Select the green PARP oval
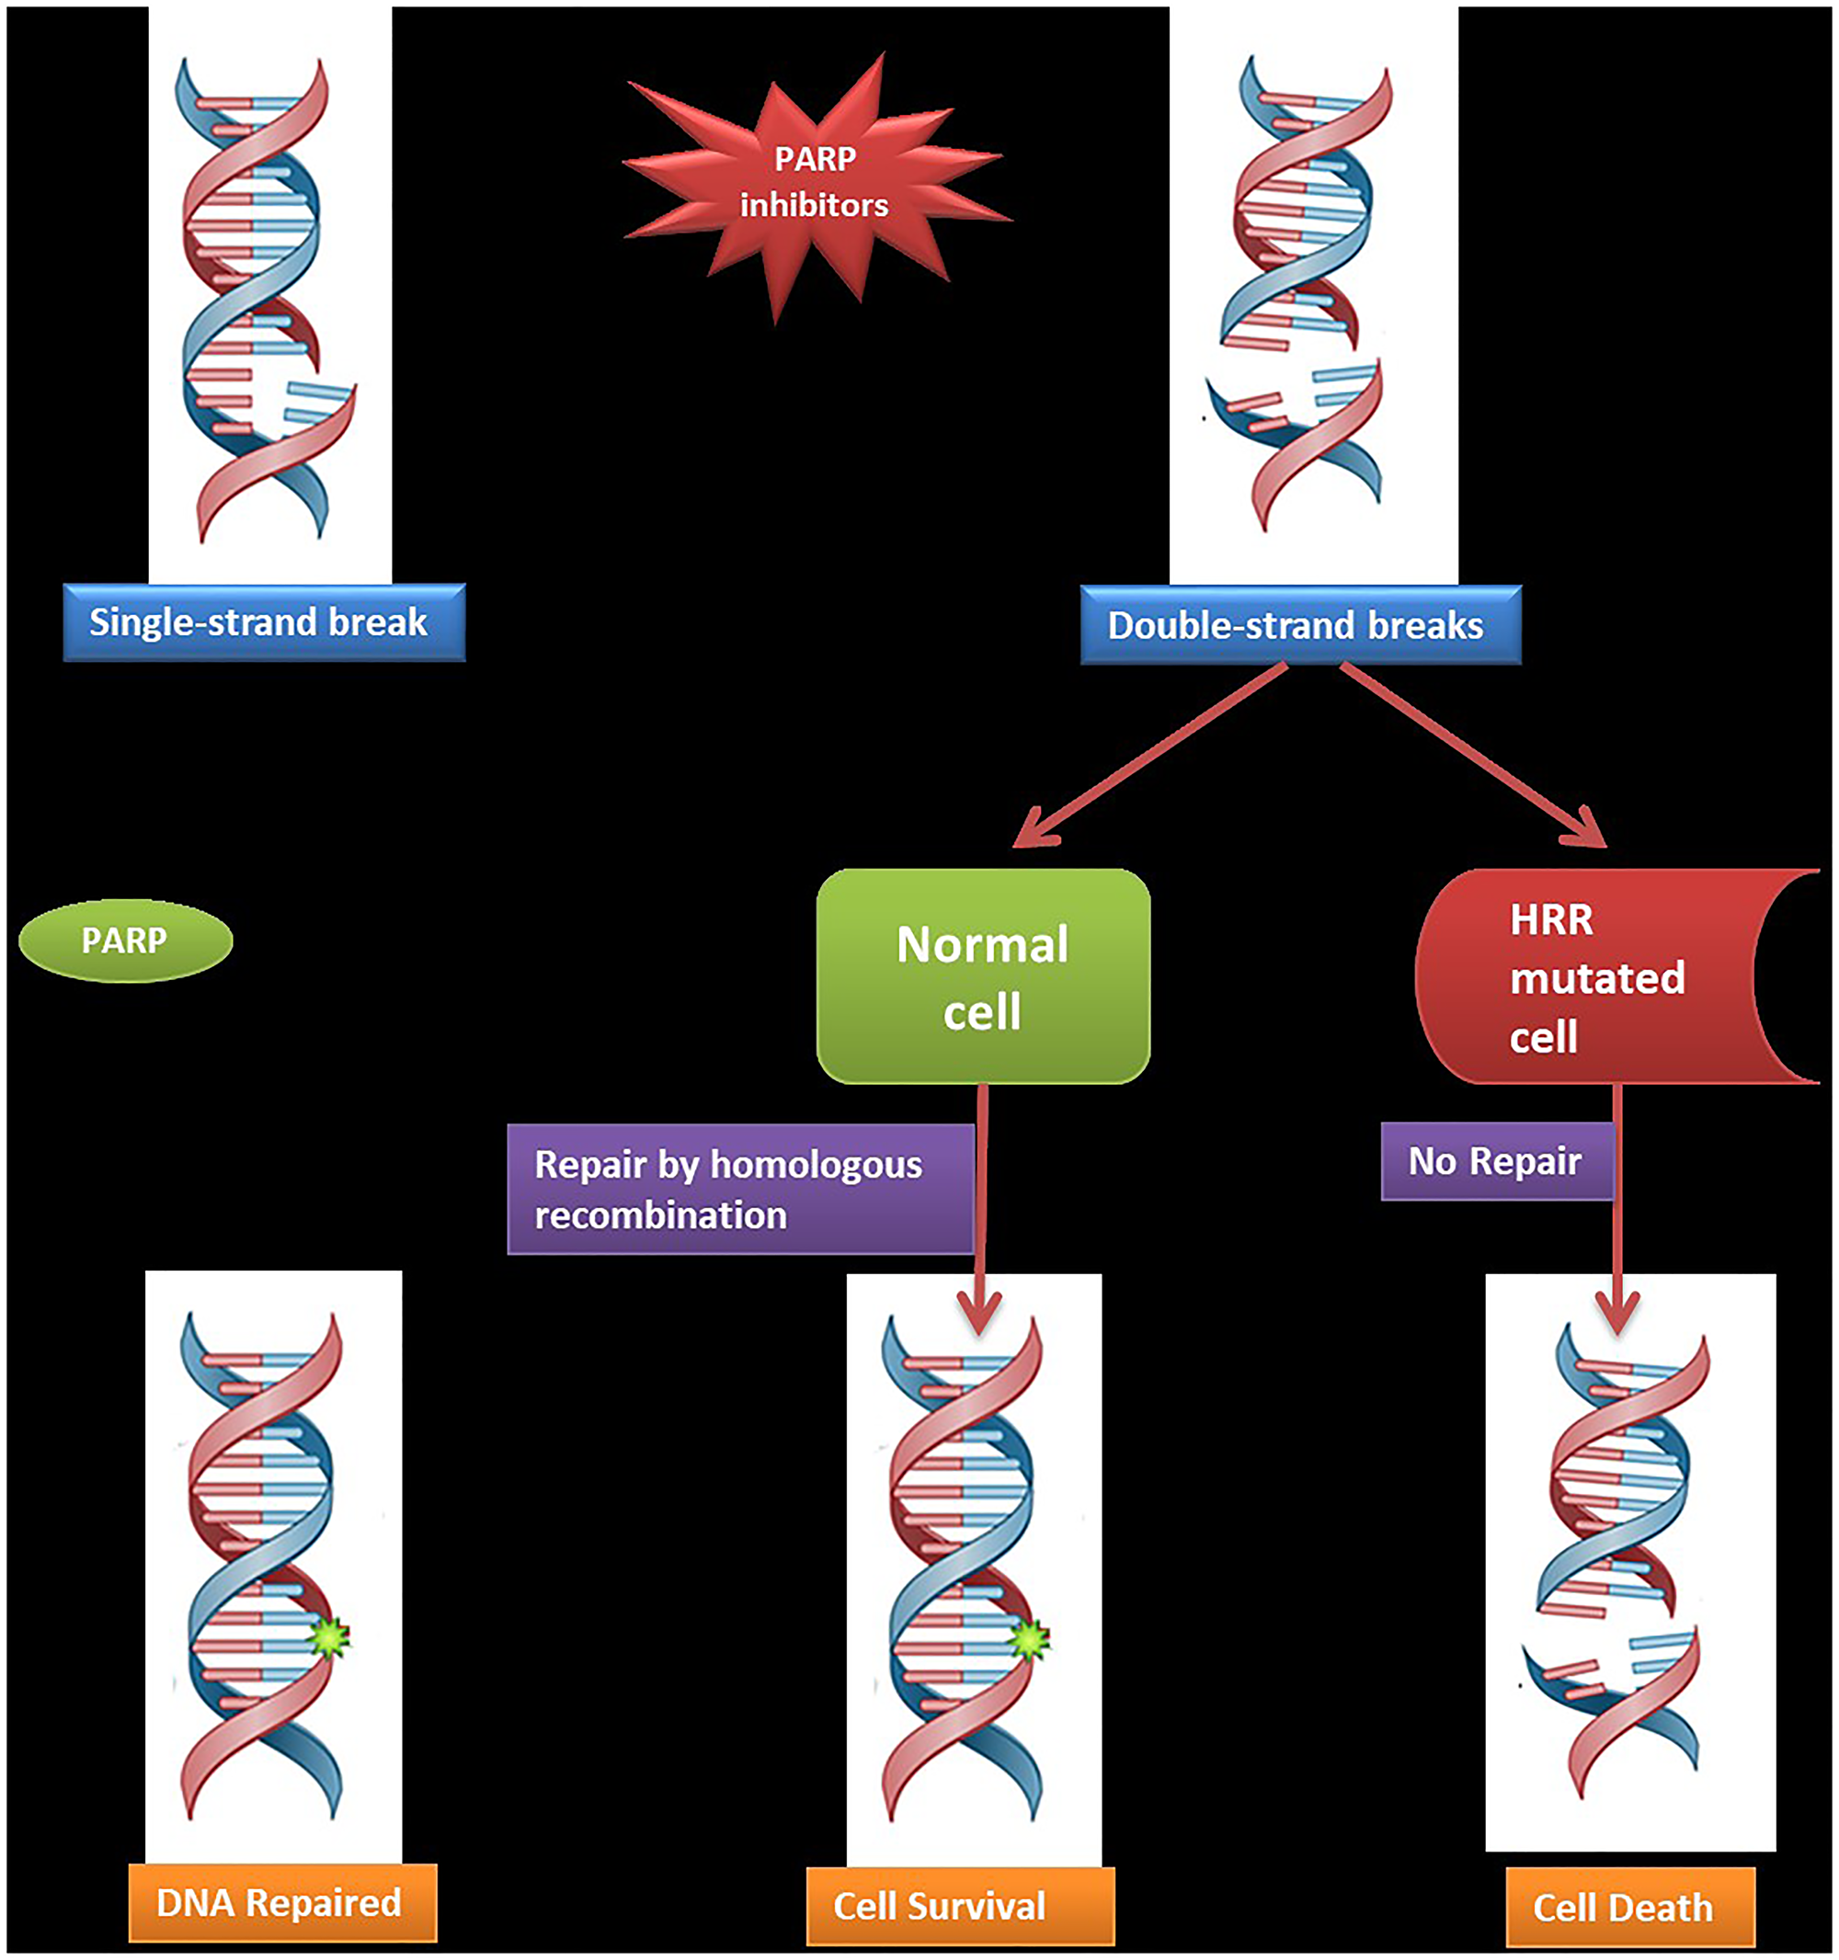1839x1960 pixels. click(125, 940)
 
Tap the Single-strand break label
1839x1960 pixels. click(263, 622)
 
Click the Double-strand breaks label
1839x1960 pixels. click(1299, 625)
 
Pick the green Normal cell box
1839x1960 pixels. click(983, 976)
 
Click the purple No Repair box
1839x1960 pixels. click(1495, 1161)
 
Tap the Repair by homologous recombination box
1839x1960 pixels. click(739, 1189)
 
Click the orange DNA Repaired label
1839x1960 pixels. click(282, 1902)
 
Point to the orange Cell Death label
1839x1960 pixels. click(1630, 1907)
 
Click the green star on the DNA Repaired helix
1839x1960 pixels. click(328, 1637)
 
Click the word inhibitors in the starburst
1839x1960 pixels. click(815, 205)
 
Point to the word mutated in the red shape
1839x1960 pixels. click(1596, 978)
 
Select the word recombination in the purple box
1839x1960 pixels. click(660, 1215)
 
